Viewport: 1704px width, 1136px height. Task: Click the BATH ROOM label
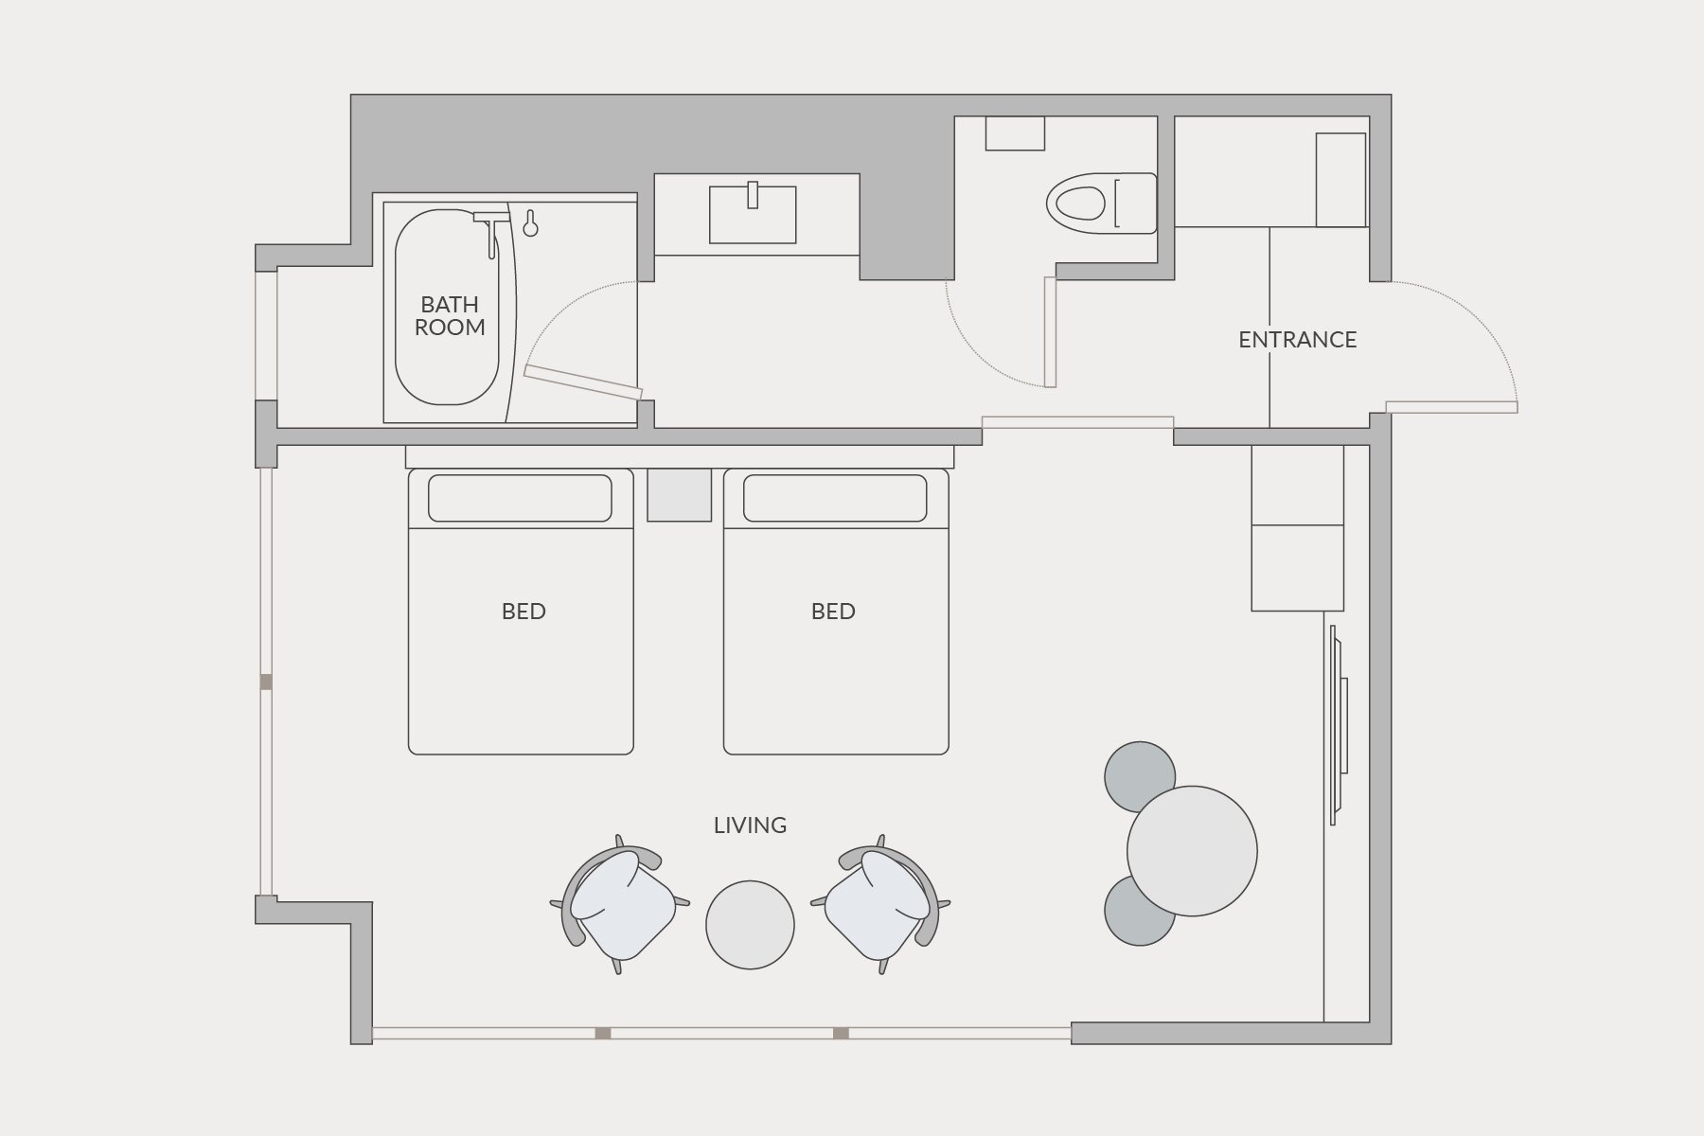coord(450,316)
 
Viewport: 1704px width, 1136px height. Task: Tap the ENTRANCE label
coord(1297,340)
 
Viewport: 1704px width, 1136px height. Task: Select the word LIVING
coord(750,825)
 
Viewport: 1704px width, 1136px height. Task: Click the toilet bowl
coord(1078,203)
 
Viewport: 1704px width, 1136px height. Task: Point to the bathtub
coord(447,307)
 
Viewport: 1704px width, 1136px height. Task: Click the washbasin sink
coord(753,214)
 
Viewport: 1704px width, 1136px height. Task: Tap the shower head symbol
coord(530,223)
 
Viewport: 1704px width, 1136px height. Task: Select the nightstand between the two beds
coord(679,494)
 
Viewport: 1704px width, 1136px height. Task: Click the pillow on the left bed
coord(520,498)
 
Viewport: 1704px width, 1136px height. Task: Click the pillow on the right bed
coord(835,498)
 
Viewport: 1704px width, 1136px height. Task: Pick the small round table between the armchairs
coord(750,924)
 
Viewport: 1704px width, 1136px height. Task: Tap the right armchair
coord(882,905)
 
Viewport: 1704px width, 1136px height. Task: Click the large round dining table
coord(1192,851)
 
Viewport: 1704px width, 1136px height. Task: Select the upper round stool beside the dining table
coord(1140,776)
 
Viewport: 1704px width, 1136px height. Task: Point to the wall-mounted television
coord(1338,724)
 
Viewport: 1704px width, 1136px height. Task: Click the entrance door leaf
coord(1451,407)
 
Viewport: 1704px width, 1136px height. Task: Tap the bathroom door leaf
coord(583,382)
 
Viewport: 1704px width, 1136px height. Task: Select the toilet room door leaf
coord(1050,332)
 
